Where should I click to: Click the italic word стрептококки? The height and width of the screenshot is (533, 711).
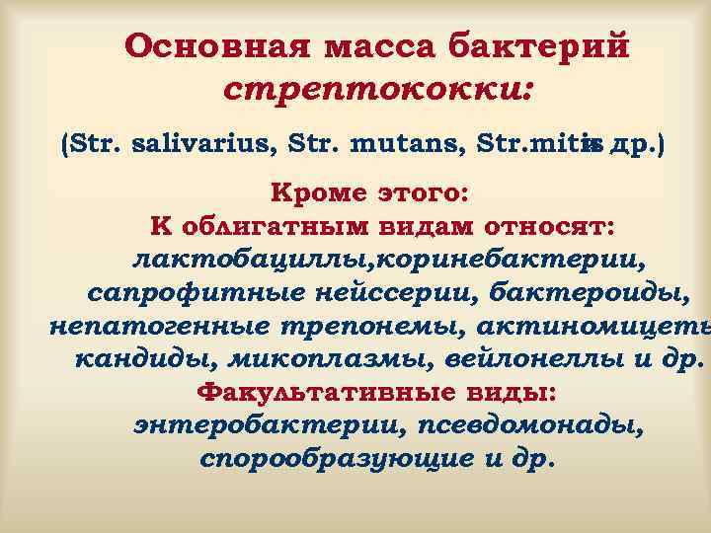click(x=379, y=92)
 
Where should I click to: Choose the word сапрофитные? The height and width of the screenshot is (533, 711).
click(x=190, y=295)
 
